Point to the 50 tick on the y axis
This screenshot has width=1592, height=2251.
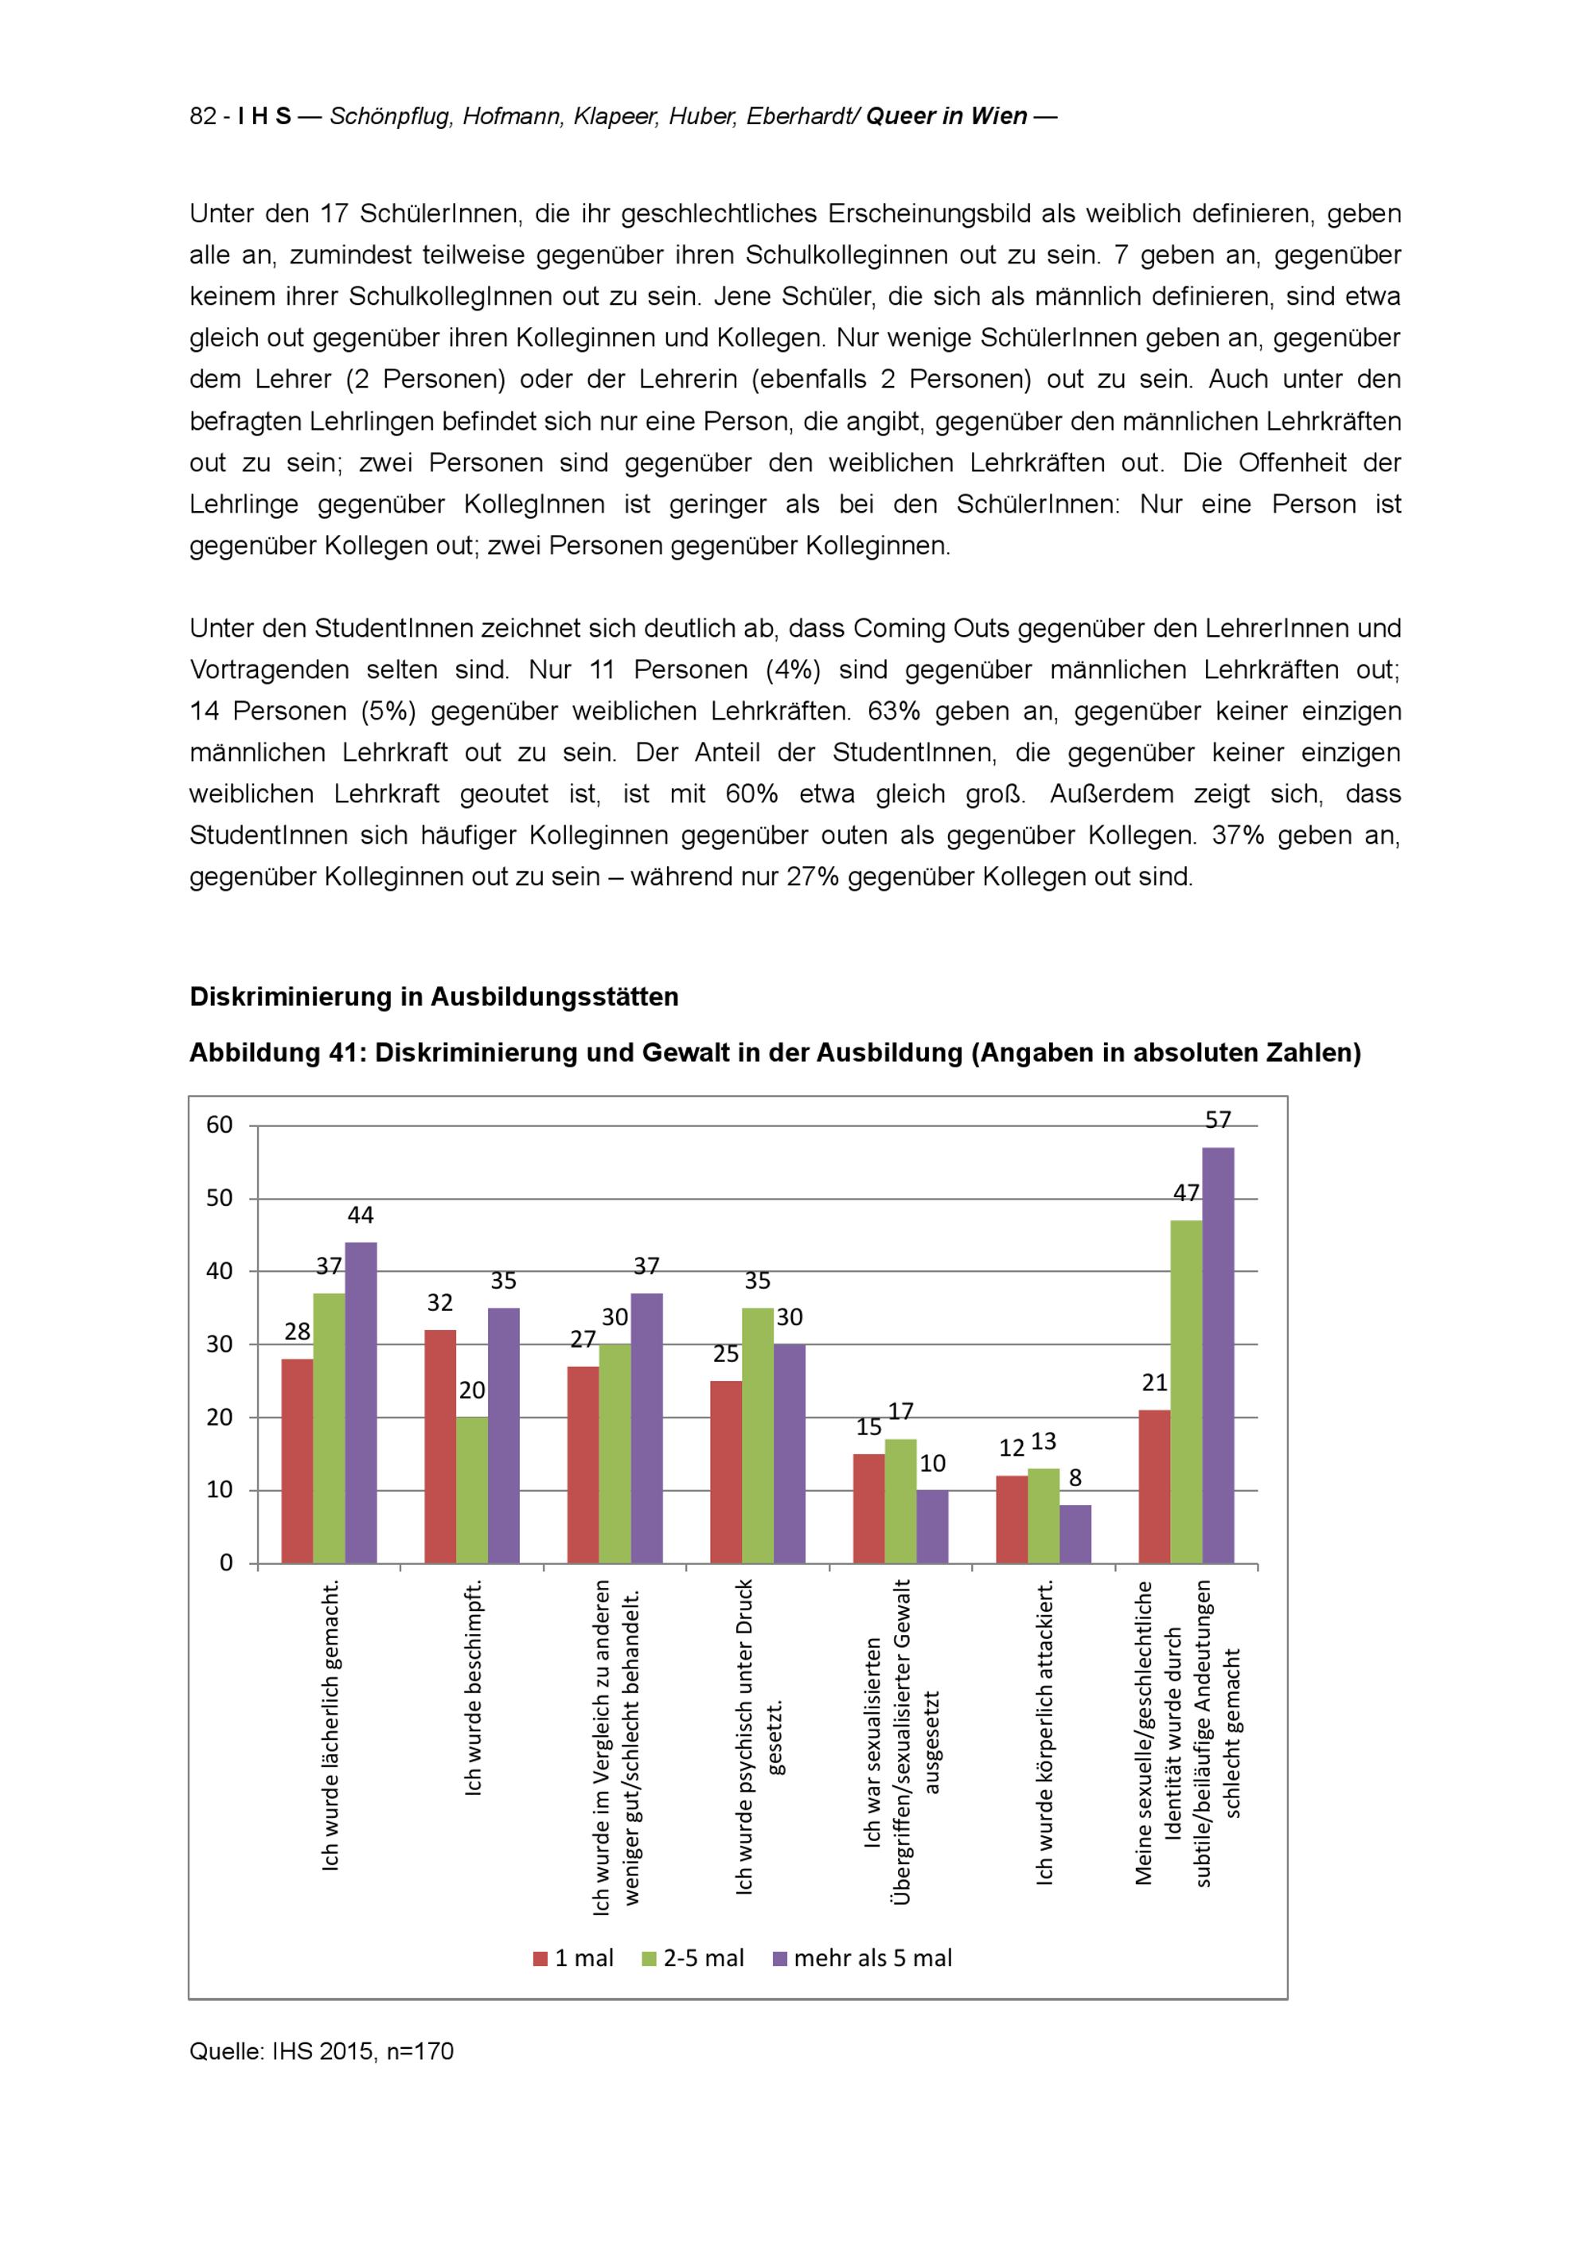[220, 1198]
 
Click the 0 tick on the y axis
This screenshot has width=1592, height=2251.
[226, 1562]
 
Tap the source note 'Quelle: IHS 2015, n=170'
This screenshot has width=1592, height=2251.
[322, 2052]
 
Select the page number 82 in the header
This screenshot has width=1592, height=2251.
[203, 117]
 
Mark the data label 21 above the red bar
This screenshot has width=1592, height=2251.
[1155, 1383]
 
